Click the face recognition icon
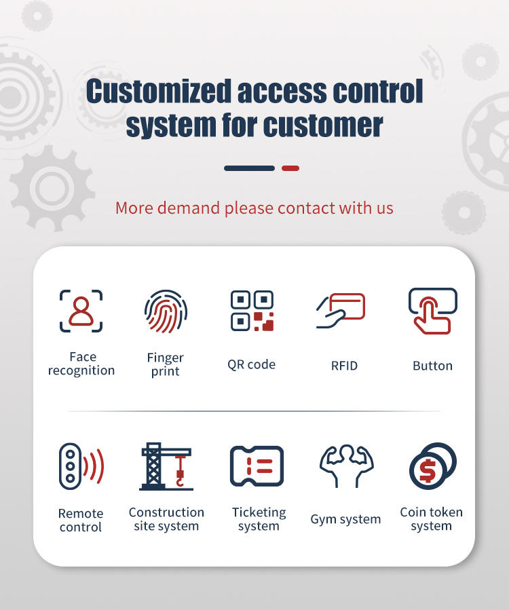[x=81, y=311]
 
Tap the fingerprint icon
[x=166, y=311]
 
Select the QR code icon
[x=252, y=311]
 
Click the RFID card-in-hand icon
[x=341, y=311]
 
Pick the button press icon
[x=433, y=311]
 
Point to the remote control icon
[x=81, y=466]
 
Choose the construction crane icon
[x=166, y=466]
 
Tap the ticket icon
[x=257, y=466]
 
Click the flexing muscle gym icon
[x=346, y=466]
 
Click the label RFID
[x=344, y=366]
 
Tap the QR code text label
[x=251, y=365]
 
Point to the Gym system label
[x=345, y=519]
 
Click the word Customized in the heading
[x=159, y=91]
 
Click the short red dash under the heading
[x=290, y=168]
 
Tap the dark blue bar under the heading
[x=250, y=168]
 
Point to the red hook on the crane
[x=180, y=472]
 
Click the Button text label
[x=433, y=366]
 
